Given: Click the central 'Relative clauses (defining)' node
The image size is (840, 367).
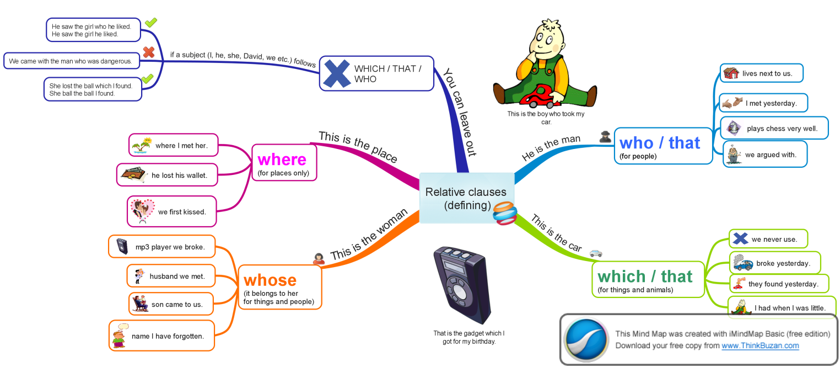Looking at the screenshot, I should tap(466, 198).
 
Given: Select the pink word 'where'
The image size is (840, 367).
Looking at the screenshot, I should tap(282, 159).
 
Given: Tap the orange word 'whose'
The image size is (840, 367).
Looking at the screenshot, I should tap(270, 280).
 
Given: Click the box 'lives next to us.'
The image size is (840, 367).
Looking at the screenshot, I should tap(761, 73).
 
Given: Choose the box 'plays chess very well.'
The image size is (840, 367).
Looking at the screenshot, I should tap(774, 129).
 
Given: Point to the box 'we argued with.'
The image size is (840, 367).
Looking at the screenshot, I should tap(765, 155).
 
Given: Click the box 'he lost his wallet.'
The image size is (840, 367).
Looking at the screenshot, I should tap(168, 175).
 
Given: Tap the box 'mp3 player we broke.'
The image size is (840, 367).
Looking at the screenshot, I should tap(161, 247).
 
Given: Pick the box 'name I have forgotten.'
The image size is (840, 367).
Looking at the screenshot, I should tap(161, 336).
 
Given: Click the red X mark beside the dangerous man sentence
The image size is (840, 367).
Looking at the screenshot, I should tap(148, 53).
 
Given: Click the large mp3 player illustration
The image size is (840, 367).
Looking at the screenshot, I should tap(462, 284).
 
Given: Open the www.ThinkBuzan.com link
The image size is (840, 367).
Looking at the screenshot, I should tap(760, 345).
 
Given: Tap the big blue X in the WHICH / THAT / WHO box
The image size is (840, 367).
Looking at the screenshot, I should tap(336, 74).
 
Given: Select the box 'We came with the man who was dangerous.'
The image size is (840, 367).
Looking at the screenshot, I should tap(71, 61).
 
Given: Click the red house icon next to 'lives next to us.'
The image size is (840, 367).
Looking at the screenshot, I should tap(731, 73).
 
